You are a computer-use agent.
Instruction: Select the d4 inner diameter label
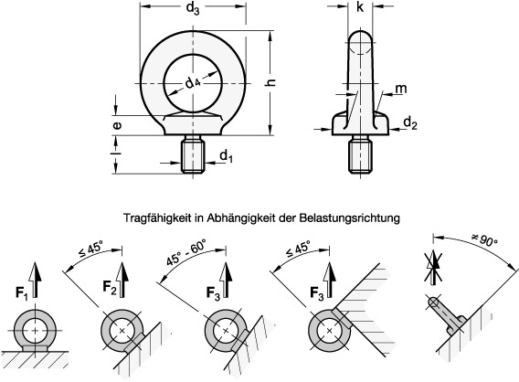click(x=193, y=83)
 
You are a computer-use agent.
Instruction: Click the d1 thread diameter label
click(x=226, y=158)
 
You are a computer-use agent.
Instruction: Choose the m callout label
click(x=401, y=88)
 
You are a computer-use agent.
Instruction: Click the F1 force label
click(x=20, y=295)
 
